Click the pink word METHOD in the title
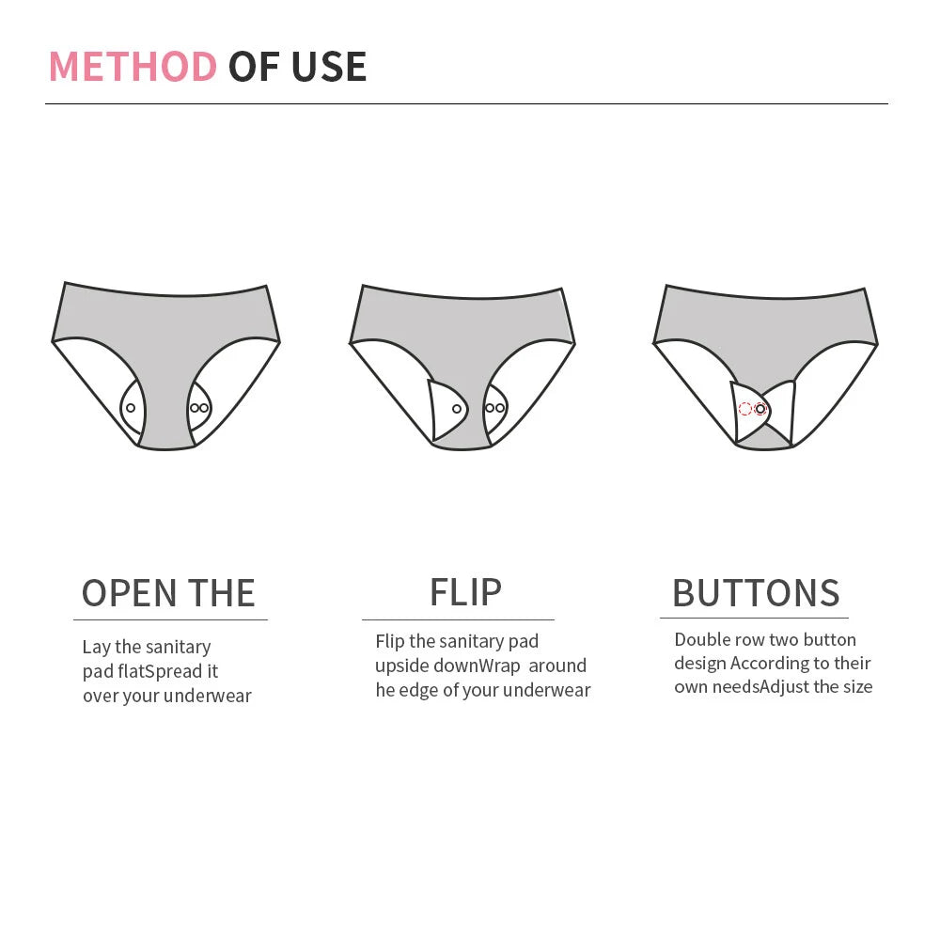click(133, 66)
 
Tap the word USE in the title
click(329, 66)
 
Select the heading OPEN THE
click(168, 593)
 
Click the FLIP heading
click(466, 592)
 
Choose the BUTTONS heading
click(756, 593)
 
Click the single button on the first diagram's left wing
click(131, 408)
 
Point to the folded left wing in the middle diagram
click(447, 410)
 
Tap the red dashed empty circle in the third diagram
click(745, 409)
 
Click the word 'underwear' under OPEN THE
click(208, 696)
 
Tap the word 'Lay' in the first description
click(96, 648)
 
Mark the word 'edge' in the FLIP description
click(418, 691)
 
